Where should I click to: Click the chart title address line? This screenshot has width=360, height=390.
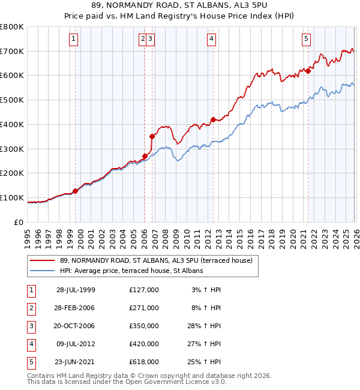tap(179, 7)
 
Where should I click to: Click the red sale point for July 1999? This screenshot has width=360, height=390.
tap(76, 191)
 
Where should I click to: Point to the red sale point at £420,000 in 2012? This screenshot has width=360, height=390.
tap(212, 119)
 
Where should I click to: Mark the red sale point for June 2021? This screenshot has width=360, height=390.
tap(308, 71)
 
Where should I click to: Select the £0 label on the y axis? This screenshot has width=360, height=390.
tap(19, 222)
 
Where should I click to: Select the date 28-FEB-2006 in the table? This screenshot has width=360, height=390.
tap(76, 307)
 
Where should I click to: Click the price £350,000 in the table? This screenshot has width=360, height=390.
tap(143, 325)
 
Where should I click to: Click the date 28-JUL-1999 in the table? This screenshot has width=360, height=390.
tap(76, 289)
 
